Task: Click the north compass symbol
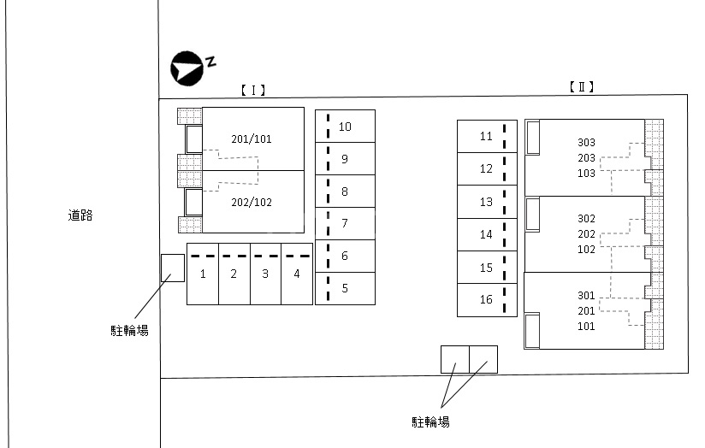(x=187, y=69)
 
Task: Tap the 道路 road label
(x=80, y=216)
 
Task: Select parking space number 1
(x=203, y=274)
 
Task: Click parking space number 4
(x=297, y=274)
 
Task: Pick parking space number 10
(x=345, y=127)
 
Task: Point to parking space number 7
(x=345, y=224)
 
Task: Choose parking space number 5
(x=345, y=288)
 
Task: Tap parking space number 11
(x=486, y=136)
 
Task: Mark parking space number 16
(x=486, y=300)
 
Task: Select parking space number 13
(x=486, y=203)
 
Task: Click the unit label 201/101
(x=252, y=139)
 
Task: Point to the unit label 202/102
(x=252, y=203)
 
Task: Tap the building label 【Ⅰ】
(x=252, y=89)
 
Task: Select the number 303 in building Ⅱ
(x=586, y=143)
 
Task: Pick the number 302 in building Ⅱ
(x=586, y=219)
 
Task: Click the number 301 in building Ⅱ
(x=586, y=296)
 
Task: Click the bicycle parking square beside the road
(x=173, y=268)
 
